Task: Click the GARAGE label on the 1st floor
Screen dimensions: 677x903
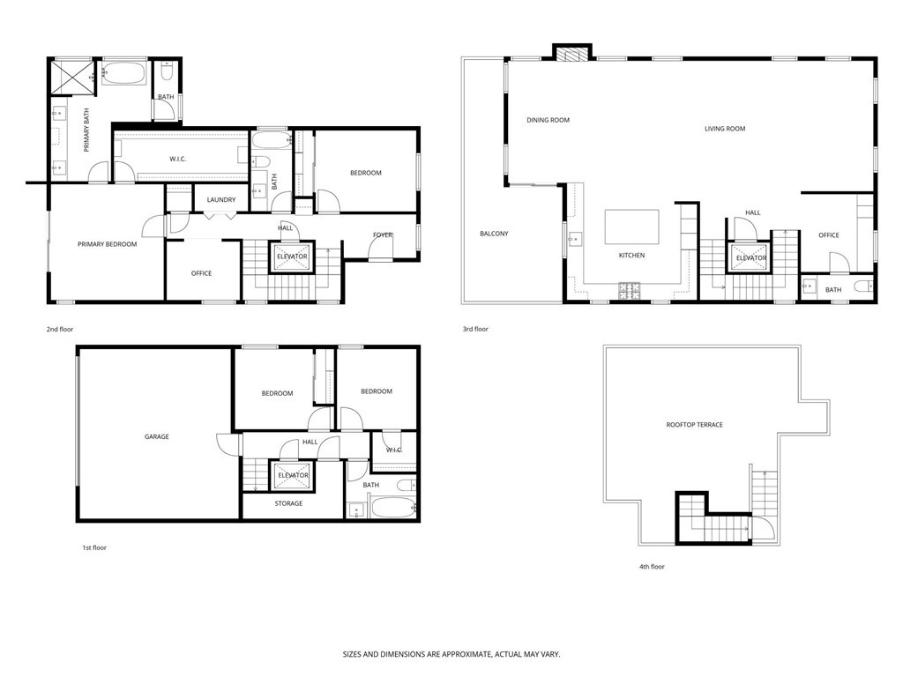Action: coord(157,436)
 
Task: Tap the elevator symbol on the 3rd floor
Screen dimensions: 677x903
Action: coord(750,257)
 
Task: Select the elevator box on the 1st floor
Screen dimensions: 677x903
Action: coord(293,476)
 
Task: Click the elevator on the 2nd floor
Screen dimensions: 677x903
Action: coord(292,256)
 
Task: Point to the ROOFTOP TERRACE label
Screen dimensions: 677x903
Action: coord(694,425)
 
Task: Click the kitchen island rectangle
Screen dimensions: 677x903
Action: coord(631,227)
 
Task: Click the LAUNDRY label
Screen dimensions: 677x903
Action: coord(221,200)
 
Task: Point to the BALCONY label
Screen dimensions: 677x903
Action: coord(494,234)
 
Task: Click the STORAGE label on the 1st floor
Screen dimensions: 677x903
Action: coord(288,503)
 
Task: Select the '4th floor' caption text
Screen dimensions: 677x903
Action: coord(652,567)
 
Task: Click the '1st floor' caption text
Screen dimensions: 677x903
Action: coord(94,547)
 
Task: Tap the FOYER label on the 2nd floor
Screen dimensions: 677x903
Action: coord(383,234)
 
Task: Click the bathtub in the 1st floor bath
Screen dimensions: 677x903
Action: coord(392,506)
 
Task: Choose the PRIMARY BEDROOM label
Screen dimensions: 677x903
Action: coord(107,244)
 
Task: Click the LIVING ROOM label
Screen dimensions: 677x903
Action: coord(725,129)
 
